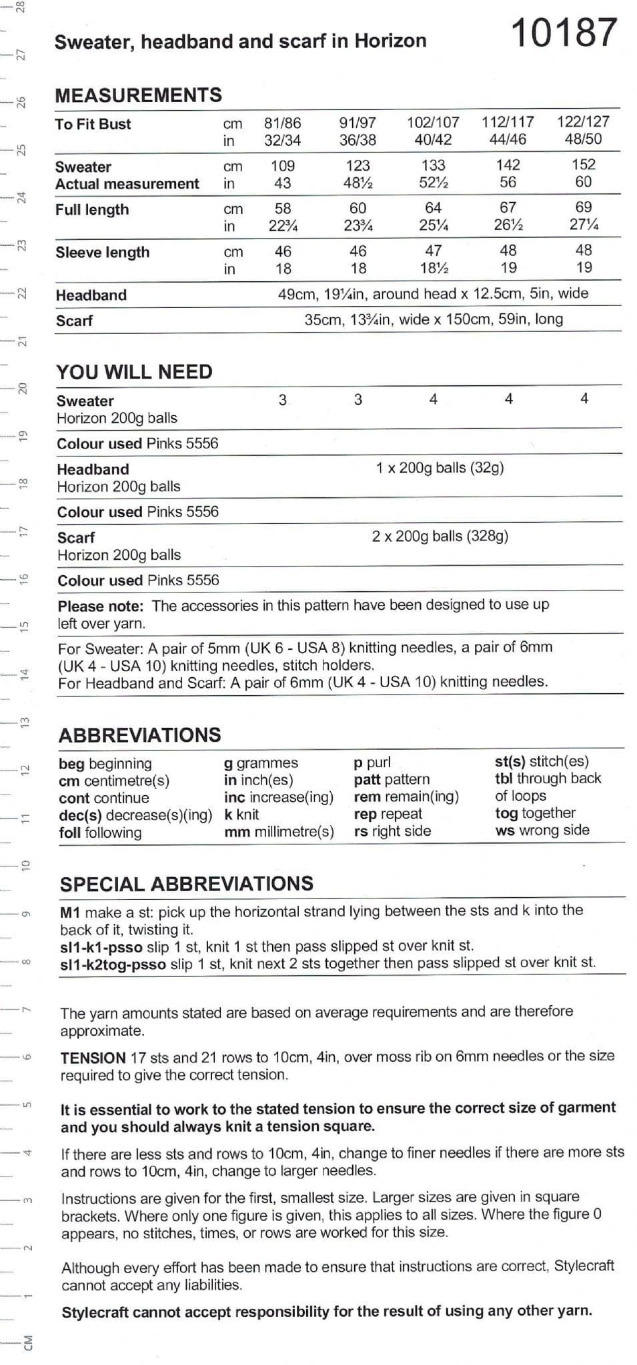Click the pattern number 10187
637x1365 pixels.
point(564,33)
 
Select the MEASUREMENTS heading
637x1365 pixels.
point(139,95)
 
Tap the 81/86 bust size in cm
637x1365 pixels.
point(282,123)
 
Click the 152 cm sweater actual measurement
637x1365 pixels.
point(584,165)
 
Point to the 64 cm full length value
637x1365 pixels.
point(433,208)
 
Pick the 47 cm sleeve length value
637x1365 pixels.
point(433,251)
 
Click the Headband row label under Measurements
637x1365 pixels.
point(91,295)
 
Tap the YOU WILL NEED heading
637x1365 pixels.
point(134,372)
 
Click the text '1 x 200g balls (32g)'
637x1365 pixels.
point(440,468)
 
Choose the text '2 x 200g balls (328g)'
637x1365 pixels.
point(440,537)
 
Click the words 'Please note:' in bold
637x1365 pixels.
point(101,607)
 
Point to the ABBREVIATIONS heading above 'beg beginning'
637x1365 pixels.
point(140,735)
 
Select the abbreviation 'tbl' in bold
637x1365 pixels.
point(504,779)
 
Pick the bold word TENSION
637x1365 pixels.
point(93,1058)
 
